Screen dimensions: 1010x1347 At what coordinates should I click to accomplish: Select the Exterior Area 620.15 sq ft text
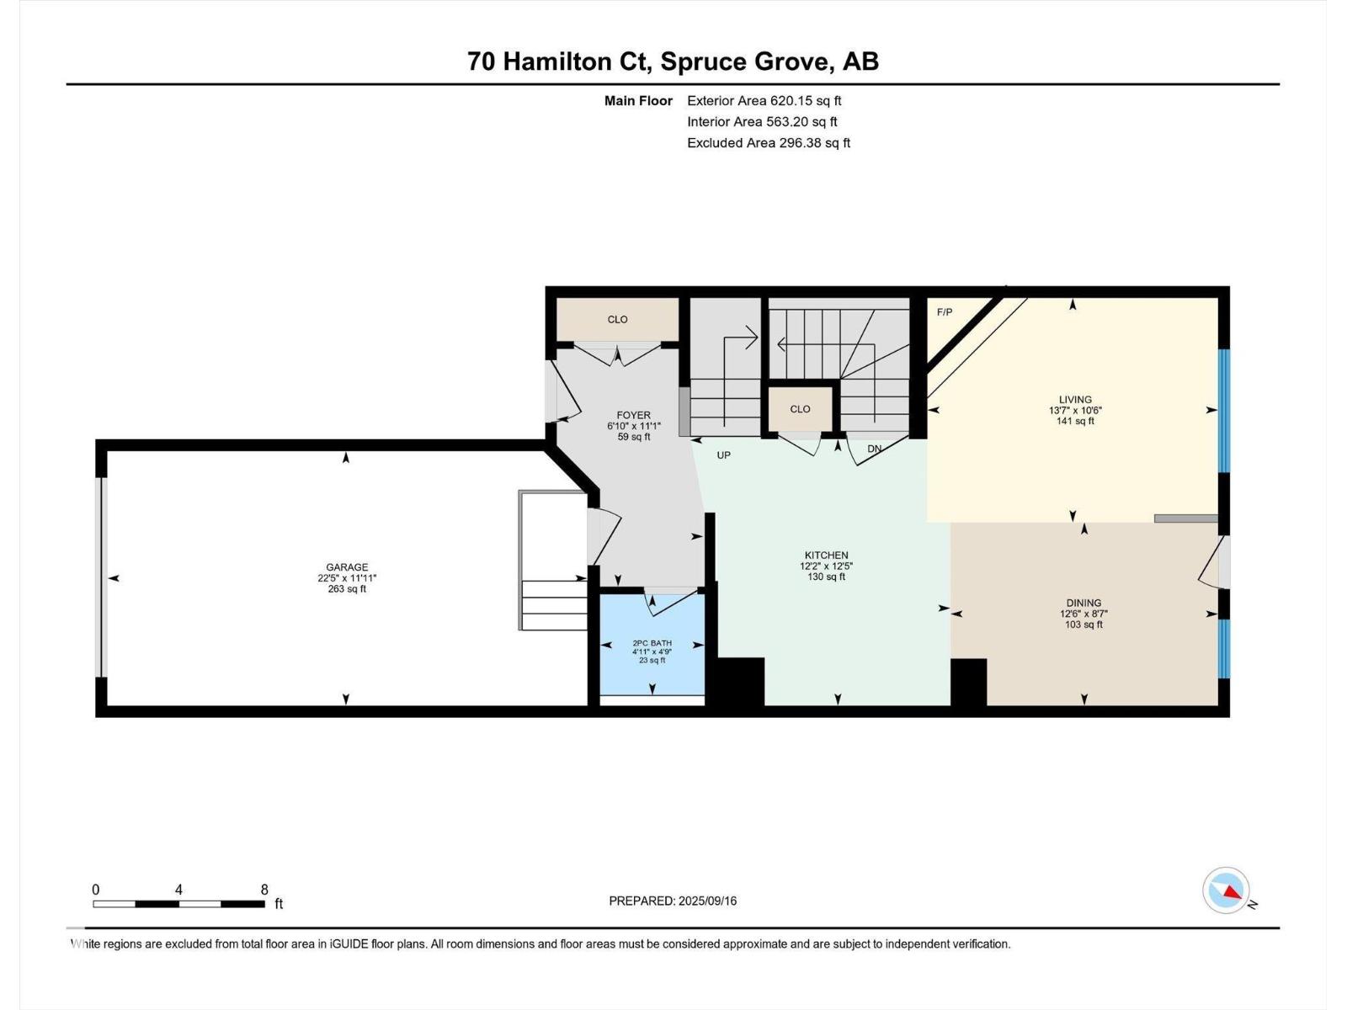click(x=764, y=101)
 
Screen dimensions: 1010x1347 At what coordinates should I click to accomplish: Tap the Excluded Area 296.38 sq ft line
click(x=768, y=143)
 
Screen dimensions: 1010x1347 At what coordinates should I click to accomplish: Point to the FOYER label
click(x=633, y=416)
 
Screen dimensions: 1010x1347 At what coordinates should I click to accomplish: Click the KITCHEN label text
click(x=826, y=555)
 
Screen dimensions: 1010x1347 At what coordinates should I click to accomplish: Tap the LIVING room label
click(x=1075, y=401)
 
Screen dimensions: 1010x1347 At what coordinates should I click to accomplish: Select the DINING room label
click(x=1083, y=603)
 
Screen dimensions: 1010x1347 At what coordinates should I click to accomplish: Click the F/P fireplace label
click(x=945, y=312)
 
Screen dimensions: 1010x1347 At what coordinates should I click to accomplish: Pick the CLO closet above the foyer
click(x=617, y=320)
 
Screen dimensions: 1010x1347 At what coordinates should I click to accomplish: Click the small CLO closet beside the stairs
click(x=800, y=409)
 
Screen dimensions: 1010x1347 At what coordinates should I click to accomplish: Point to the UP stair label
click(x=723, y=455)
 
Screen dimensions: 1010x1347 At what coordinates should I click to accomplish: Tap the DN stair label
click(x=874, y=449)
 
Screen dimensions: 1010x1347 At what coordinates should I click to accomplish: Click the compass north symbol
click(x=1227, y=890)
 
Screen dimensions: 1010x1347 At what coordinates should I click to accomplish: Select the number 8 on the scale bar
click(x=264, y=890)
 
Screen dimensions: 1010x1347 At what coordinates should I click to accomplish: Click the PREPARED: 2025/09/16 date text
click(x=673, y=901)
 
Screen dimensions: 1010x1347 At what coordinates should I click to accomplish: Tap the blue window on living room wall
click(x=1224, y=410)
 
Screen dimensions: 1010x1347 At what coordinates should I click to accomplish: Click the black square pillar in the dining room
click(x=968, y=682)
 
